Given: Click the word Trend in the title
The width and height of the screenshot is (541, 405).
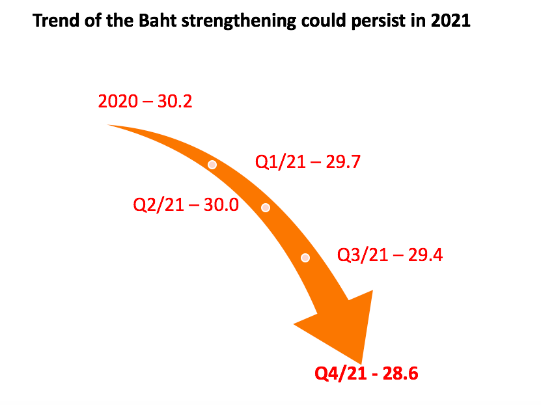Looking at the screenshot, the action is tap(56, 20).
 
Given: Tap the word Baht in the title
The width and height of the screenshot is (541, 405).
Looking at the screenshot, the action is tap(158, 20).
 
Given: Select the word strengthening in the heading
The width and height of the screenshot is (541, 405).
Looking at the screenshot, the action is tap(238, 21).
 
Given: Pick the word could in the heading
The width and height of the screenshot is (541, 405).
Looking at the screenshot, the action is tap(324, 20).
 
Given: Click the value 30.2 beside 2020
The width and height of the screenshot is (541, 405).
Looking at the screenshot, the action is tap(174, 101).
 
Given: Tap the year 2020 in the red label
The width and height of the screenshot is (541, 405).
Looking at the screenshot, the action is tap(118, 101).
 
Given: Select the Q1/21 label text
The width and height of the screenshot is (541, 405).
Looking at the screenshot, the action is tap(281, 161).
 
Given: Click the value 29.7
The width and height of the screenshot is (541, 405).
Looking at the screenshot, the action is tap(343, 161).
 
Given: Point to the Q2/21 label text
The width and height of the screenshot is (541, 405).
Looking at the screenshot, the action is tap(158, 205).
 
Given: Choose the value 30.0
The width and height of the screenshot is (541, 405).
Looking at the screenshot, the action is tap(221, 205).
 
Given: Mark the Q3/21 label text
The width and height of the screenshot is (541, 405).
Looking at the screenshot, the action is tap(363, 255).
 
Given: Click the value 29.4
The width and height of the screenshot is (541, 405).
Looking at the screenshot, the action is tap(425, 255).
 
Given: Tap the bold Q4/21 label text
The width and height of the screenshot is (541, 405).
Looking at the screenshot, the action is tap(340, 374).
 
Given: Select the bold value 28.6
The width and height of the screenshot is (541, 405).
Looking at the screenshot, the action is tap(400, 374).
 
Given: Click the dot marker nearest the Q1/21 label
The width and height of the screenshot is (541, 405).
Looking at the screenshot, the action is tap(212, 165).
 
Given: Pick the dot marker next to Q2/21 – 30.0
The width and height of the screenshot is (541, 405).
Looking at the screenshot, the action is tap(266, 207).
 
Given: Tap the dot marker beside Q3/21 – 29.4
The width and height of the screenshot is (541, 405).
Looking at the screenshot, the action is tap(305, 258).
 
